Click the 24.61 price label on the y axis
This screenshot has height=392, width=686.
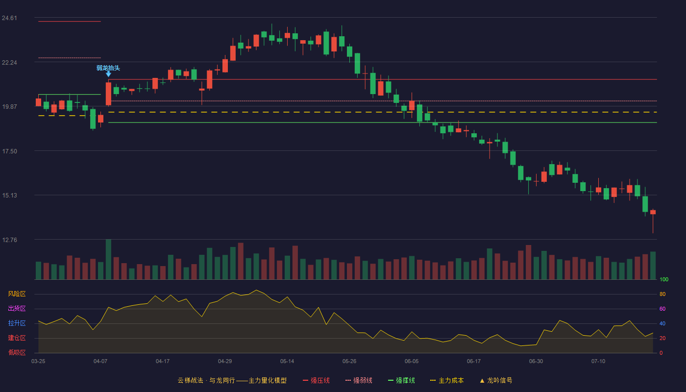(x=9, y=18)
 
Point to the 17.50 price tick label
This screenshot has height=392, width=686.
(x=9, y=151)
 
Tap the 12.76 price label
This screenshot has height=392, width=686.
(x=9, y=240)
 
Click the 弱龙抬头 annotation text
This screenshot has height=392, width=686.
(x=108, y=68)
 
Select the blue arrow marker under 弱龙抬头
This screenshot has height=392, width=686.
(x=108, y=74)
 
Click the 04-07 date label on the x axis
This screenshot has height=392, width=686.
(x=100, y=362)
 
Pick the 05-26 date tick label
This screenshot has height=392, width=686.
(x=349, y=362)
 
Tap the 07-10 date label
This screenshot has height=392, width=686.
(x=598, y=362)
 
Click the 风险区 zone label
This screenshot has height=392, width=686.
(x=17, y=294)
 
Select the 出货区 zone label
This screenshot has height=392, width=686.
(x=17, y=308)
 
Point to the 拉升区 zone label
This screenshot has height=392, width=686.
(x=17, y=323)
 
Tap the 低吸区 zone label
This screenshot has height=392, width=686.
(x=17, y=352)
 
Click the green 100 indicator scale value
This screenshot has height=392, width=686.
(x=664, y=279)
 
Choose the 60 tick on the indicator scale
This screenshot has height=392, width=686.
(x=662, y=309)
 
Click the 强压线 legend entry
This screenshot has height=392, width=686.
(x=316, y=380)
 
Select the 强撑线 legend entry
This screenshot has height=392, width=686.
(x=401, y=380)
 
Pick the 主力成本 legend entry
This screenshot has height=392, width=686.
(x=447, y=380)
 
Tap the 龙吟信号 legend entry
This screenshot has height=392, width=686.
(x=496, y=380)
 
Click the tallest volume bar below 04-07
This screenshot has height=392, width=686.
(x=108, y=259)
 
